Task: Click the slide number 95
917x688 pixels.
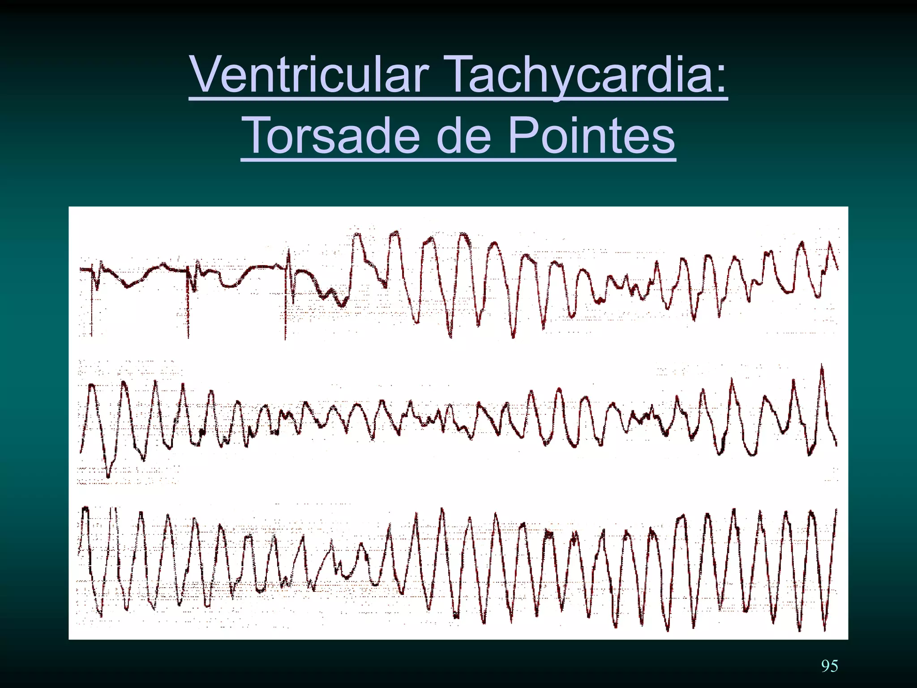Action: [x=829, y=666]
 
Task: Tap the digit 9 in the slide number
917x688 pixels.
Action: [x=825, y=666]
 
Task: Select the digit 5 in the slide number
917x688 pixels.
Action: [x=834, y=666]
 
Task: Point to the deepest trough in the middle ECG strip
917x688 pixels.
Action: [x=108, y=475]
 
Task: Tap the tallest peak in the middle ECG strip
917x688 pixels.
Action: [x=822, y=367]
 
